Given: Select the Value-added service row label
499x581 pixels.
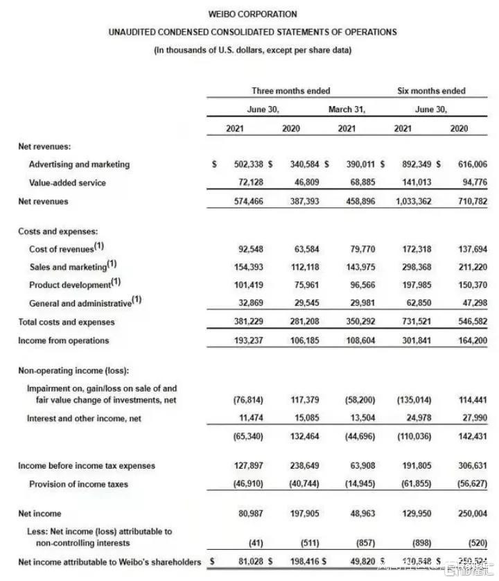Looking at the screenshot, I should (x=68, y=182).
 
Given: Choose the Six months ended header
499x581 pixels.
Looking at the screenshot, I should (x=431, y=91).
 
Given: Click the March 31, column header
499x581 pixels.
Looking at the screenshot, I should (x=347, y=110).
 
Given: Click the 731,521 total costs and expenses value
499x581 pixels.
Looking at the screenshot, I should (x=412, y=322).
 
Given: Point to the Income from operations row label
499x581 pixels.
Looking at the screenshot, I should (x=64, y=340).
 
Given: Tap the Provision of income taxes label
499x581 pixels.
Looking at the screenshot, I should (x=78, y=484).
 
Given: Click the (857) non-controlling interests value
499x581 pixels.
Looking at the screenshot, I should (x=356, y=544).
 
